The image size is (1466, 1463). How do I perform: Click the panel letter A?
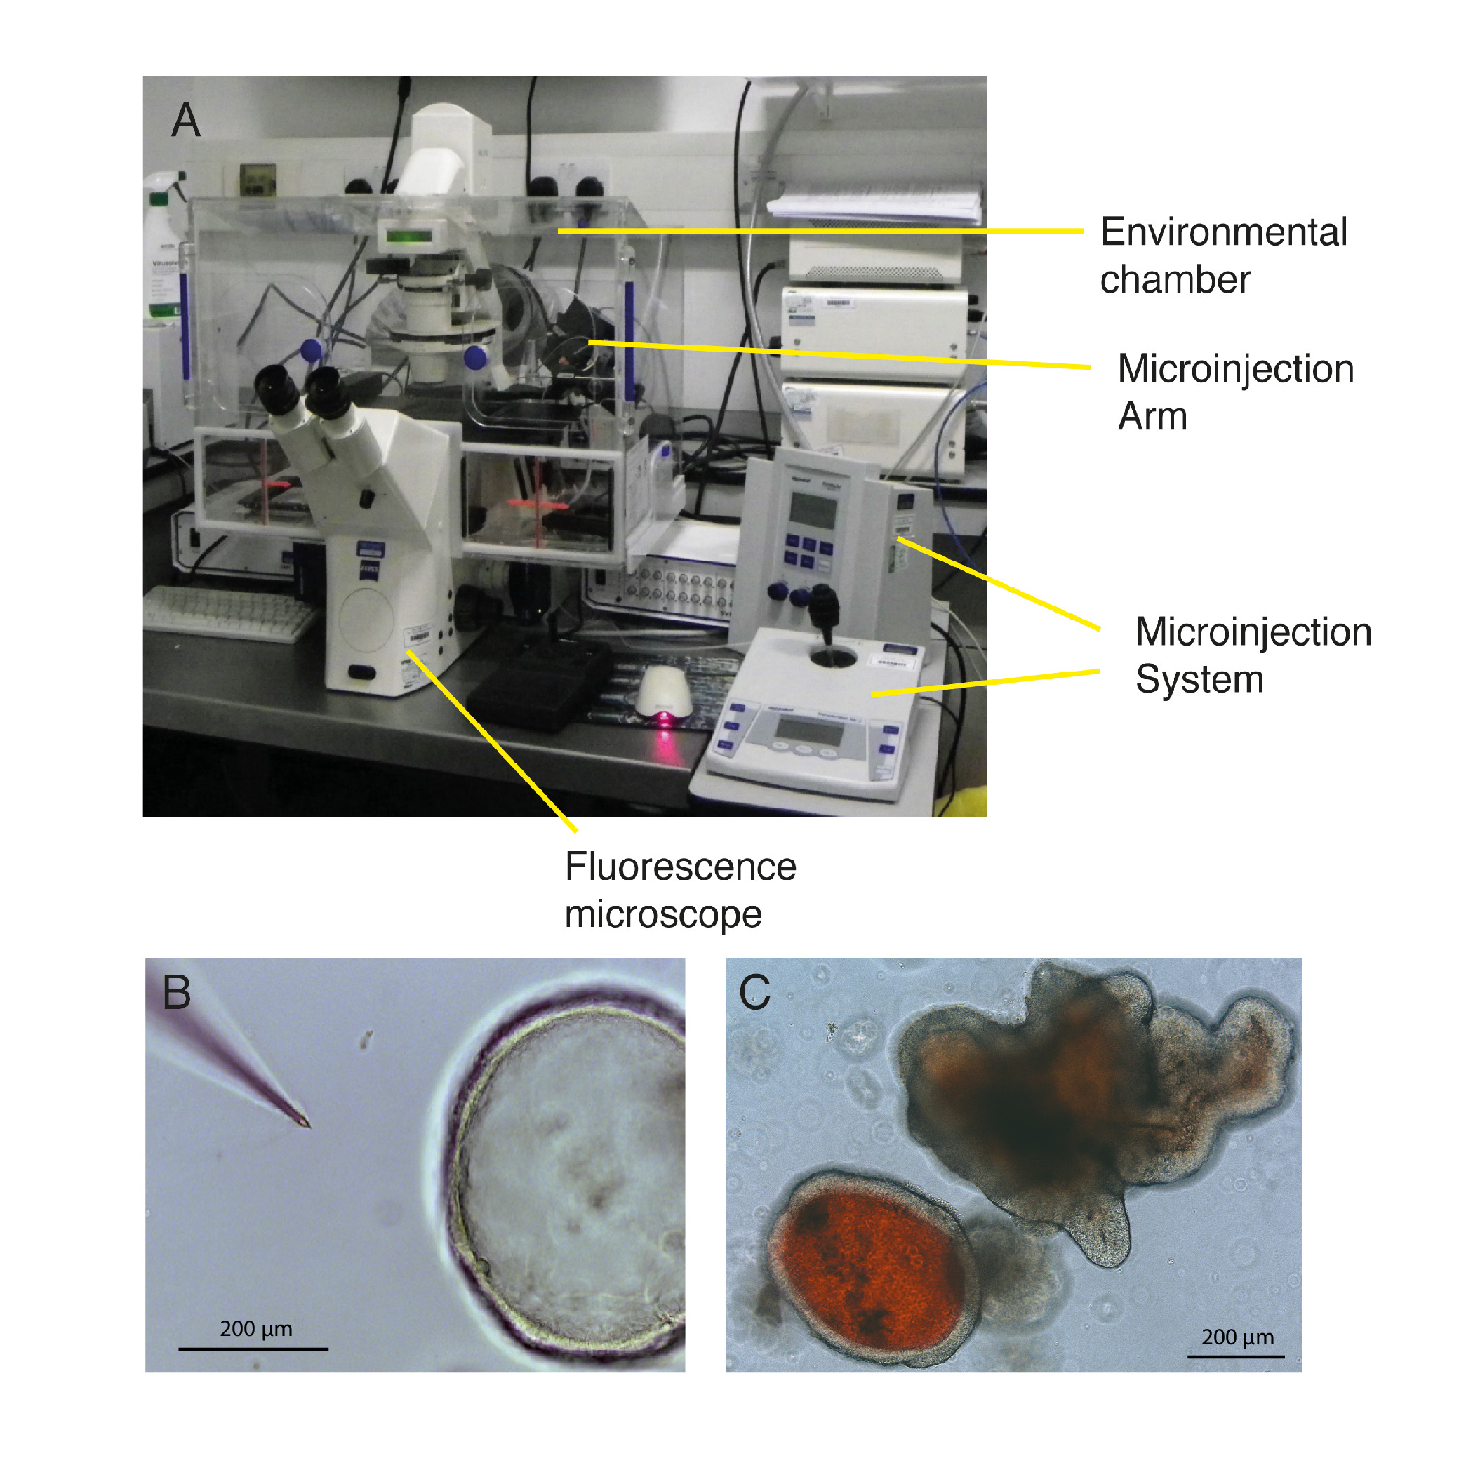pyautogui.click(x=186, y=121)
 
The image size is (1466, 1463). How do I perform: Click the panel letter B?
pyautogui.click(x=177, y=991)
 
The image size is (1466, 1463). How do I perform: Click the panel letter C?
pyautogui.click(x=754, y=991)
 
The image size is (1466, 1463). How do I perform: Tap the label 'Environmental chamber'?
pyautogui.click(x=1222, y=255)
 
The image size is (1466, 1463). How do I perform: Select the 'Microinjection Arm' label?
pyautogui.click(x=1234, y=392)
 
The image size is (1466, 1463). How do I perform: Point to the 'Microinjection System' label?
pyautogui.click(x=1253, y=655)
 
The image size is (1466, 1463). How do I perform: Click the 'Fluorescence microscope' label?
pyautogui.click(x=680, y=889)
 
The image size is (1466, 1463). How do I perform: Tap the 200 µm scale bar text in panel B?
pyautogui.click(x=255, y=1329)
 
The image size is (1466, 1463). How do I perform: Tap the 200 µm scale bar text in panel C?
pyautogui.click(x=1237, y=1337)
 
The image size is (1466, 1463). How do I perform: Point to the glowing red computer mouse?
pyautogui.click(x=664, y=695)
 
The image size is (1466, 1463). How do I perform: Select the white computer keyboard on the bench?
pyautogui.click(x=227, y=613)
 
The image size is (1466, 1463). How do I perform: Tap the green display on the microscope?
pyautogui.click(x=409, y=236)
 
